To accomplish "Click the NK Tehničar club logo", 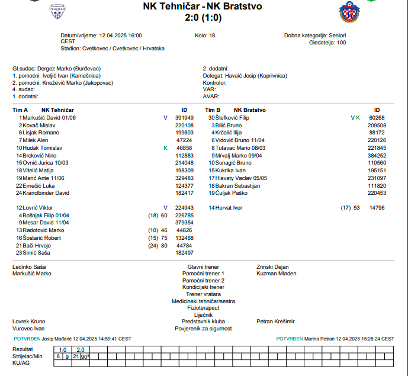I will [x=57, y=10].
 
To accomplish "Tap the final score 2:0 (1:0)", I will [x=202, y=18].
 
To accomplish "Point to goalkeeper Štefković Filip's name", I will [x=232, y=118].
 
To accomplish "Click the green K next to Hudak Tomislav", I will [x=165, y=147].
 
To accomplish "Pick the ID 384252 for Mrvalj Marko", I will [x=377, y=155].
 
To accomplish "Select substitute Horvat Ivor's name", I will [x=229, y=208].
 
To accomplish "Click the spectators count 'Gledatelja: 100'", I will [x=327, y=43].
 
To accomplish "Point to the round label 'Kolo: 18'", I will [x=205, y=36].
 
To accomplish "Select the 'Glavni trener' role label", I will [x=203, y=267].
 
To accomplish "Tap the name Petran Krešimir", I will [x=275, y=321].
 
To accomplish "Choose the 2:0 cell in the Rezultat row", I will [x=80, y=349].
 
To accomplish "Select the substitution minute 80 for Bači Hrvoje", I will [x=164, y=245].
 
